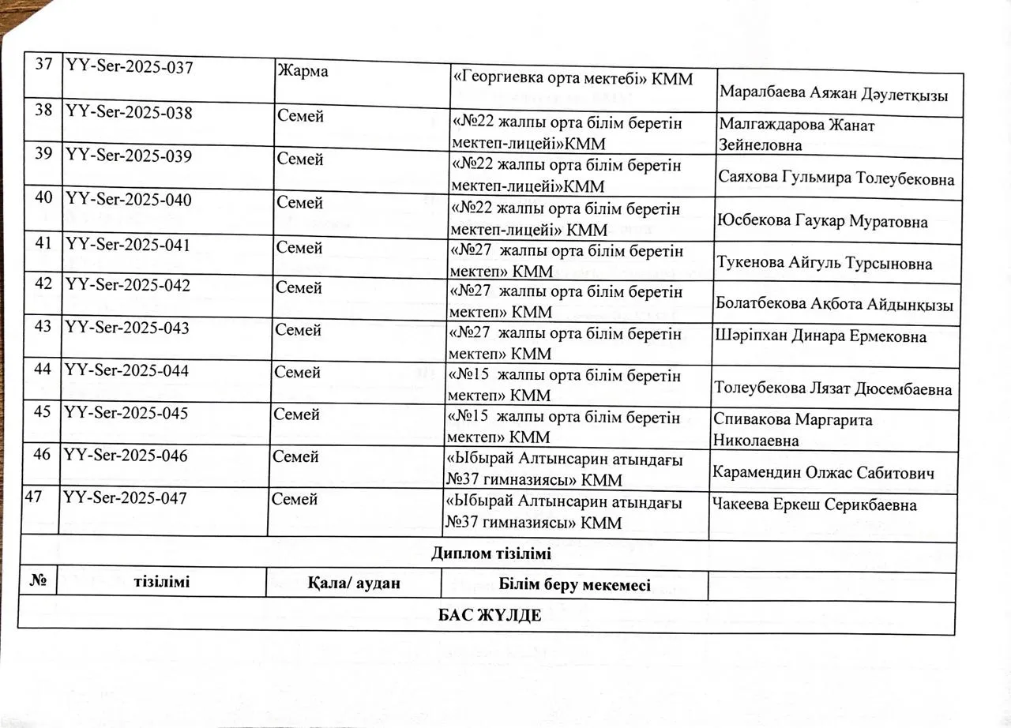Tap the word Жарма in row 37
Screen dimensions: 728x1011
(303, 70)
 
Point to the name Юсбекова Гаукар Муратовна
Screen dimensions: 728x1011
(821, 221)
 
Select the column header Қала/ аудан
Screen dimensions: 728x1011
(354, 584)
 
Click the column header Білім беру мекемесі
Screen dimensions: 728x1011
(575, 584)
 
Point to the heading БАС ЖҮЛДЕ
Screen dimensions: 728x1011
(490, 615)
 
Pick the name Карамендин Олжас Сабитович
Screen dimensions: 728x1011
(824, 473)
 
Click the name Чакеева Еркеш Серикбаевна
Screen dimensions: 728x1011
(814, 505)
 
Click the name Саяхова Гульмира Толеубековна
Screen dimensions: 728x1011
(836, 178)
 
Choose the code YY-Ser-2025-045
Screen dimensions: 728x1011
(126, 413)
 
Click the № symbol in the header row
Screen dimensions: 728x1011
(36, 583)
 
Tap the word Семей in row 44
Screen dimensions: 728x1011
(298, 370)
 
